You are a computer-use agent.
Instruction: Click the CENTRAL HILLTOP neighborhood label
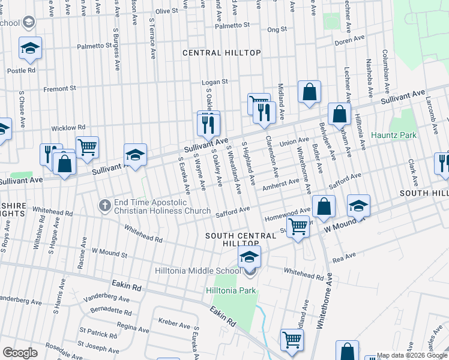pos(221,53)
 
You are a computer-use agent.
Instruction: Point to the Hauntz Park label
pos(394,135)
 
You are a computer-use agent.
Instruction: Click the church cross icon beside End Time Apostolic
pos(105,205)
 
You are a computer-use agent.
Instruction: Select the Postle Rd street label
pos(22,70)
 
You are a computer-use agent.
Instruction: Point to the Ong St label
pos(277,29)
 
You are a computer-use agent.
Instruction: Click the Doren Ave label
pos(350,41)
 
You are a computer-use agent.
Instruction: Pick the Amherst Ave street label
pos(281,184)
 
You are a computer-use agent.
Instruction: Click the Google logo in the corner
pos(20,353)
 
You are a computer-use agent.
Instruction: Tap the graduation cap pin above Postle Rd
pos(29,49)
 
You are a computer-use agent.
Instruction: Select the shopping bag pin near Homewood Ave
pos(324,206)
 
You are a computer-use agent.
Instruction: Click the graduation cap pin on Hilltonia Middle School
pos(249,257)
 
